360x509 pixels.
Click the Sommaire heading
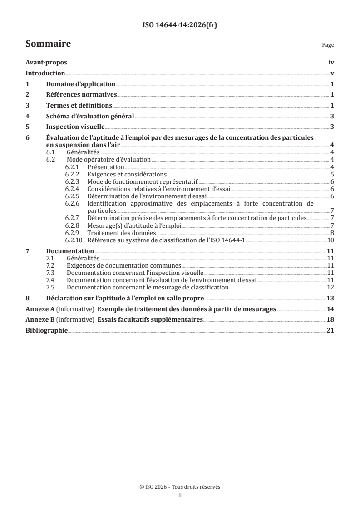coord(48,44)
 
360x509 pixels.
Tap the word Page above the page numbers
coord(328,45)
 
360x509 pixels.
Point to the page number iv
coord(331,63)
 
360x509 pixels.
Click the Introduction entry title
coord(45,73)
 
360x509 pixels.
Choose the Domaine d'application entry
coord(80,84)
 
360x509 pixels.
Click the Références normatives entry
coord(82,94)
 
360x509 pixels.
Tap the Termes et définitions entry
coord(79,105)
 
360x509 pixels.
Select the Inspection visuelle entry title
coord(75,126)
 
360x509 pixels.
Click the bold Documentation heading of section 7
coord(70,250)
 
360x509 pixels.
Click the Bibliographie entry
coord(46,330)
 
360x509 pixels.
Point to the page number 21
coord(331,330)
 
